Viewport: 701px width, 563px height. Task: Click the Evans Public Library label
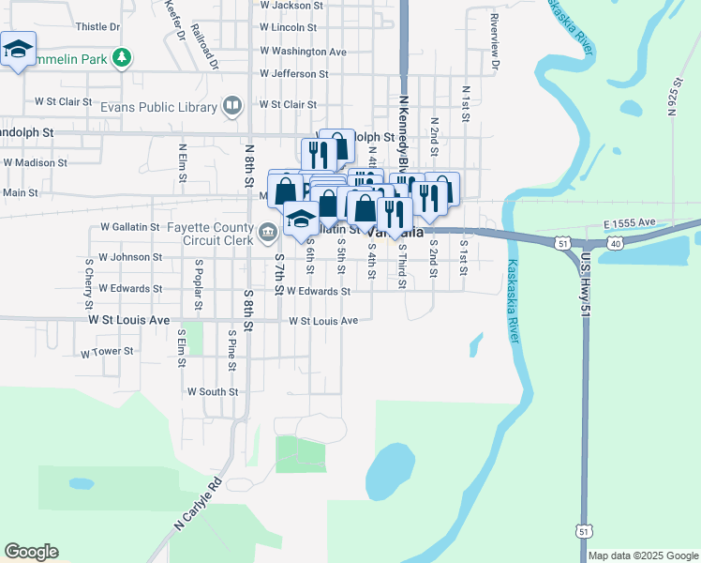(172, 107)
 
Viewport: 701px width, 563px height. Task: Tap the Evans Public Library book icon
(232, 106)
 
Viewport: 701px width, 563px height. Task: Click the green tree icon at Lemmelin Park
(121, 59)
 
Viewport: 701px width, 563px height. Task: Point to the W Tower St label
(108, 353)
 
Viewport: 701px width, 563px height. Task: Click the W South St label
(213, 391)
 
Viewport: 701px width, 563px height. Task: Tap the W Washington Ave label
(303, 52)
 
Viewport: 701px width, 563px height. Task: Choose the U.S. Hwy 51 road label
(586, 281)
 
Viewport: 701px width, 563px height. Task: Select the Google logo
(31, 552)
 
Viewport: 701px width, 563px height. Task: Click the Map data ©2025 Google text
(643, 555)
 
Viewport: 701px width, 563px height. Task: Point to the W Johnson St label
(130, 257)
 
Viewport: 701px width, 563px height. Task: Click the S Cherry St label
(89, 283)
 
